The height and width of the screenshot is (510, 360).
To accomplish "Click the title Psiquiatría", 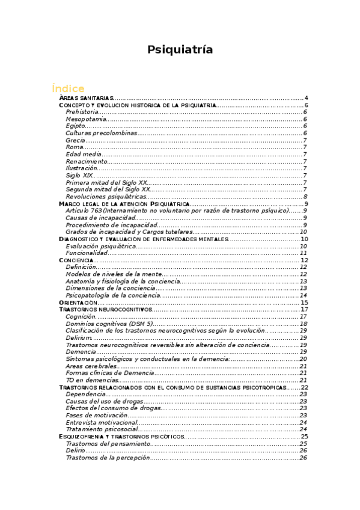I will [180, 50].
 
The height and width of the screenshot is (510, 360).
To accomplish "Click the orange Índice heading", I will [68, 88].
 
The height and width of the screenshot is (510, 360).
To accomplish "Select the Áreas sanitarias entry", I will [86, 98].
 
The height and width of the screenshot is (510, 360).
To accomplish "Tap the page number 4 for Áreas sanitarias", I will [306, 98].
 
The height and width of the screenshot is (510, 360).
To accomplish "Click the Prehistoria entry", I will [82, 112].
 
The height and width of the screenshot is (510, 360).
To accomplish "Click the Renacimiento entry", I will [87, 161].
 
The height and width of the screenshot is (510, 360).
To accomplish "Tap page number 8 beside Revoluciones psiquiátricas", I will [306, 197].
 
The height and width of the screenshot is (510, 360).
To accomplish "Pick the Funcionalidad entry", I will [87, 253].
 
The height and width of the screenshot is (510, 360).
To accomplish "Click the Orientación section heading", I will [78, 303].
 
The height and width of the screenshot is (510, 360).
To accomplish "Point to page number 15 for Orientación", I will [304, 303].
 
